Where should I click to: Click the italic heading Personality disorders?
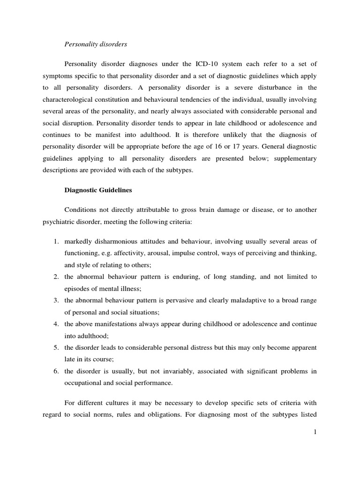point(96,45)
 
